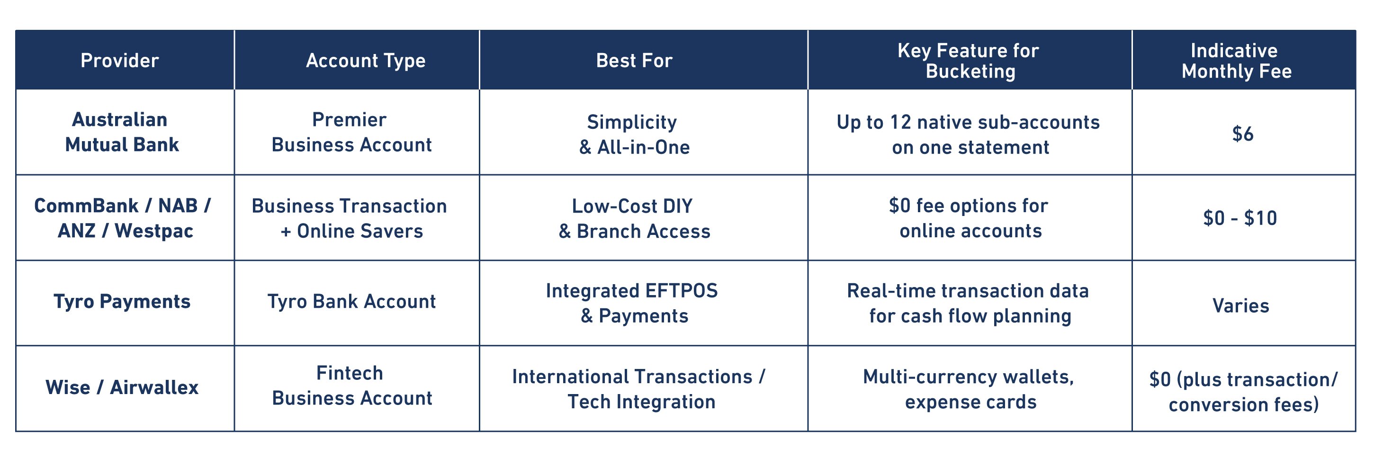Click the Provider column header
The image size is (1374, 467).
coord(119,60)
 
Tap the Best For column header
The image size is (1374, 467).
coord(634,60)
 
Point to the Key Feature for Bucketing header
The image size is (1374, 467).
coord(969,61)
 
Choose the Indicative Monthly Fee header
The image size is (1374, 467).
coord(1236,61)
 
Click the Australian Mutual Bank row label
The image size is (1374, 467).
coord(122,132)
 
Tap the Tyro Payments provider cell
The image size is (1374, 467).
coord(122,302)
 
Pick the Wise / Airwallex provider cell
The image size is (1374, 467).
coord(122,387)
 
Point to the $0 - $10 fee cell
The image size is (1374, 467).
coord(1240,218)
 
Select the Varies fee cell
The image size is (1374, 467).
coord(1240,305)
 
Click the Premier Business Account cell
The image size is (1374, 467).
coord(351,132)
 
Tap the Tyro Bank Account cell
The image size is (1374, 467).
coord(351,302)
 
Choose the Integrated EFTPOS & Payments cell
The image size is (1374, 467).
coord(632,303)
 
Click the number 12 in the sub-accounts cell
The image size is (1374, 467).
coord(900,122)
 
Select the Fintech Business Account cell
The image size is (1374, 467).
coord(352,386)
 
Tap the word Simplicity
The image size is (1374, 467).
coord(632,123)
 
